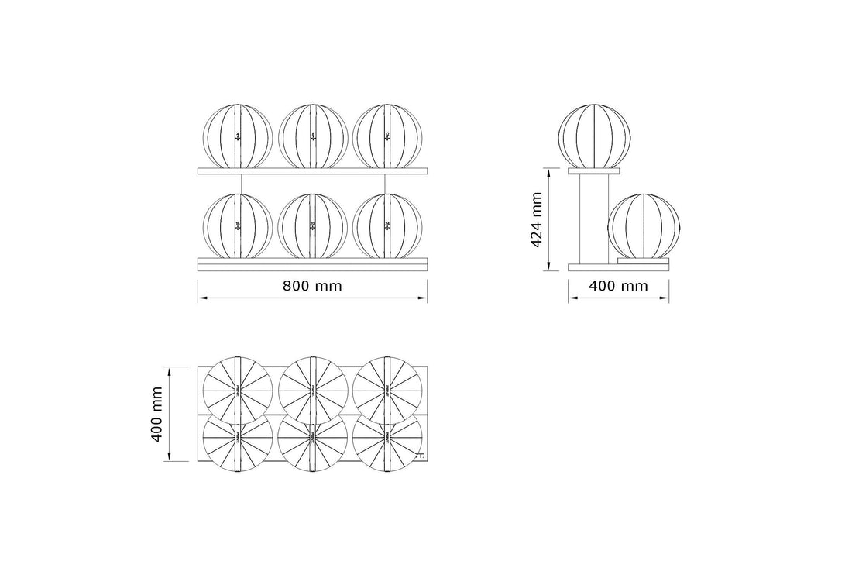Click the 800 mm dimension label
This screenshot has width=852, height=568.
coord(311,285)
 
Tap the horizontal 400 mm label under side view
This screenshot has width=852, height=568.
coord(618,285)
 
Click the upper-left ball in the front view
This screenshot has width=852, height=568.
coord(237,136)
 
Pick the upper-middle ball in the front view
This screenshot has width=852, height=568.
coord(313,136)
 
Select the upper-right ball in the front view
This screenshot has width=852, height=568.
coord(387,136)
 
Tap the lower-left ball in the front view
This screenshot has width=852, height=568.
coord(237,225)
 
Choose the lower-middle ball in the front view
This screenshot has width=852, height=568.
coord(313,225)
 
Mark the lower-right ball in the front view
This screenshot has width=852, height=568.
coord(387,225)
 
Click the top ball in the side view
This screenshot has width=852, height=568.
coord(596,135)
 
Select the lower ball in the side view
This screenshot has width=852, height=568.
coord(644,225)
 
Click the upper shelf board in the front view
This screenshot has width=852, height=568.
coord(313,170)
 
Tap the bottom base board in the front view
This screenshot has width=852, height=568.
coord(313,265)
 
